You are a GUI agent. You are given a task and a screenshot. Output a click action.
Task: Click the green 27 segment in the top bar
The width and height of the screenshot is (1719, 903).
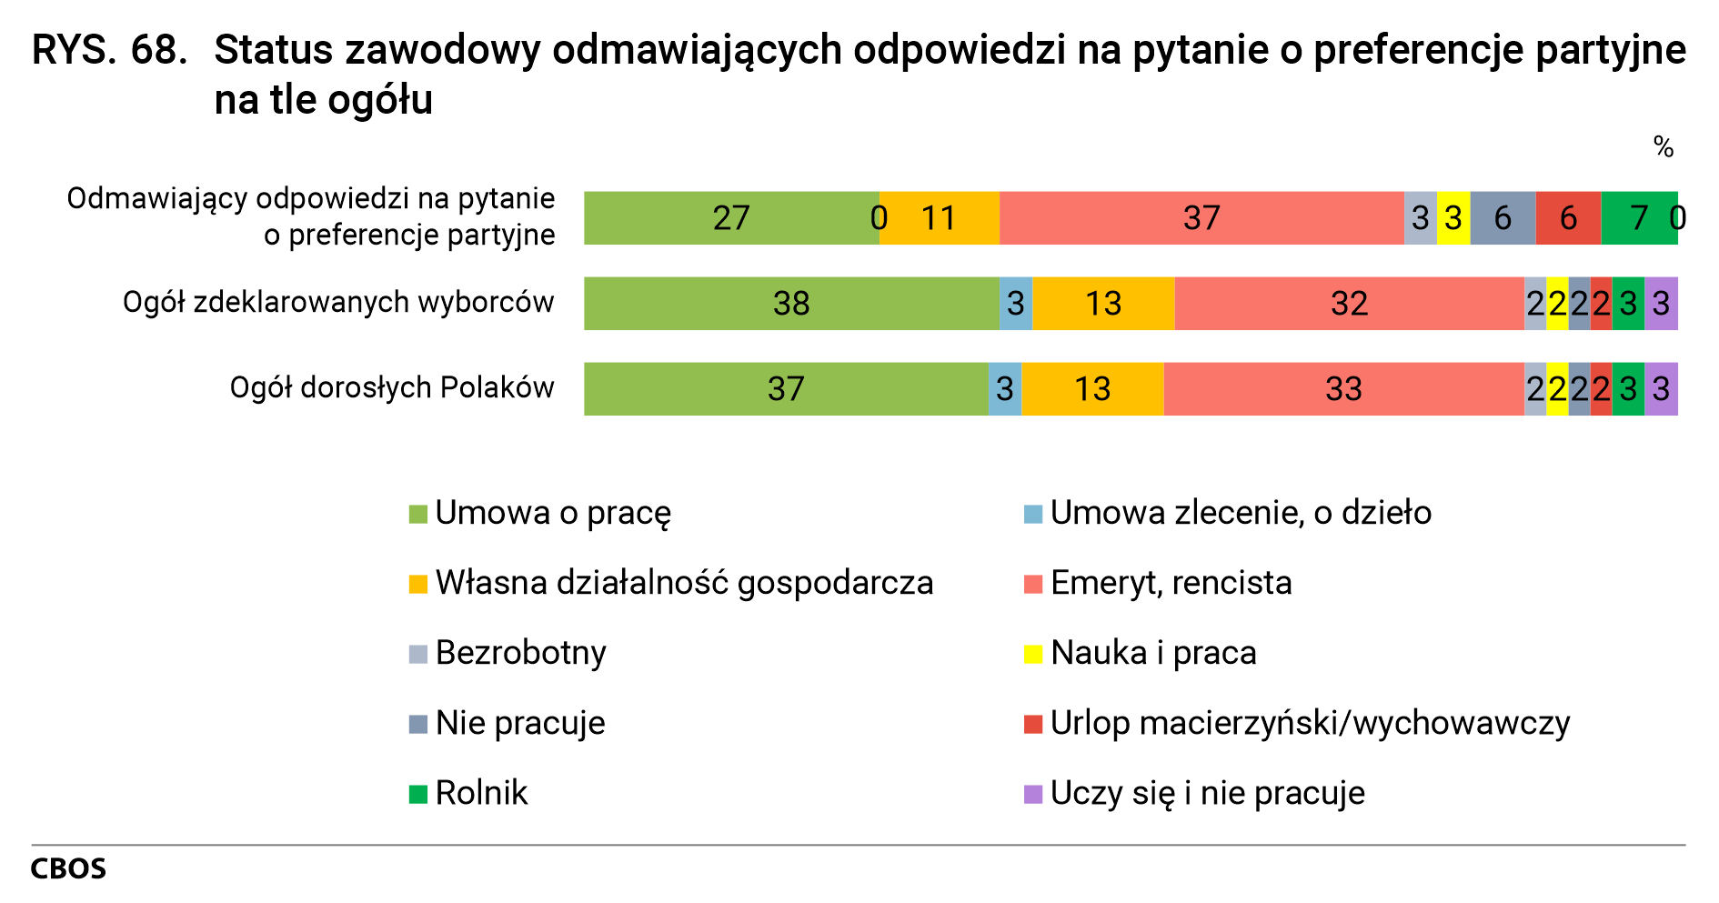(x=731, y=218)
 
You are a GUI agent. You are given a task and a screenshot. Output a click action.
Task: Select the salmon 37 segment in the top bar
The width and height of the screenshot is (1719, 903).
(x=1201, y=218)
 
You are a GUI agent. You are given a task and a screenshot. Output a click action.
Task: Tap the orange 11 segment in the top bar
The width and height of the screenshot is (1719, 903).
(x=940, y=218)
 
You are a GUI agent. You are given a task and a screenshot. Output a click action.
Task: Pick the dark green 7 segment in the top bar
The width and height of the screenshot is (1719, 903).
(x=1639, y=218)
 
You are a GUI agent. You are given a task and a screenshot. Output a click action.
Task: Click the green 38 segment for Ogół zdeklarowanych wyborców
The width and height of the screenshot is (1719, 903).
(x=791, y=304)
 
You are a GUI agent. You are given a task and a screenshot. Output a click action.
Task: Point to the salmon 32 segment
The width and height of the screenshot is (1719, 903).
(x=1349, y=304)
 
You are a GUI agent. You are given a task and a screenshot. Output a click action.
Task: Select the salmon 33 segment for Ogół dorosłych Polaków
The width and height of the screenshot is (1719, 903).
(x=1343, y=389)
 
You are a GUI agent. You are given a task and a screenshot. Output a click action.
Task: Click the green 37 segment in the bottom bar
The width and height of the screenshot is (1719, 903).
(x=786, y=389)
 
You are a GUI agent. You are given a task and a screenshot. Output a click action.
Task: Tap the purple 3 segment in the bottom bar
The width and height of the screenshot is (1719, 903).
(x=1661, y=389)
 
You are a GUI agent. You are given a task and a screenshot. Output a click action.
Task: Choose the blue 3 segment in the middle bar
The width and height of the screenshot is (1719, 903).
(x=1016, y=304)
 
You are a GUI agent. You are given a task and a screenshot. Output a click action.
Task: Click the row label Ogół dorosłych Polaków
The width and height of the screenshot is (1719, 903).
(x=392, y=387)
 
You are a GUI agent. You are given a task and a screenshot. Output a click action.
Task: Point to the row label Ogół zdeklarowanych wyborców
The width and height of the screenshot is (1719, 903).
(x=338, y=302)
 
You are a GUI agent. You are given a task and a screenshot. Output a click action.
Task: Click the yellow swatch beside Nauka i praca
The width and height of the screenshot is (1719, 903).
(x=1033, y=654)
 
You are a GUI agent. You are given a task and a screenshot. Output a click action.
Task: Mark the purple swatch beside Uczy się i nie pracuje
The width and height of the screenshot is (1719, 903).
(x=1033, y=794)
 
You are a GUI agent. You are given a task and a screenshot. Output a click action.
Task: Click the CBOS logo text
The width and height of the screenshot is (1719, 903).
(x=68, y=868)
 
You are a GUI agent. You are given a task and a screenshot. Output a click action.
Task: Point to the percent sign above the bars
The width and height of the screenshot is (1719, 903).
(x=1664, y=147)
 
